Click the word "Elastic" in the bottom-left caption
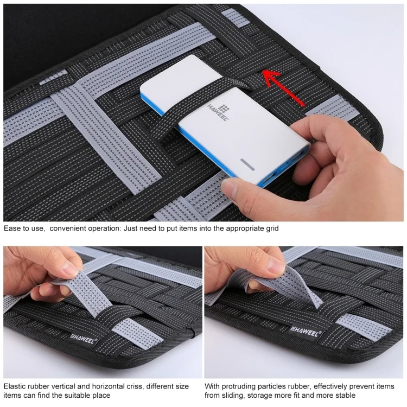15,386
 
